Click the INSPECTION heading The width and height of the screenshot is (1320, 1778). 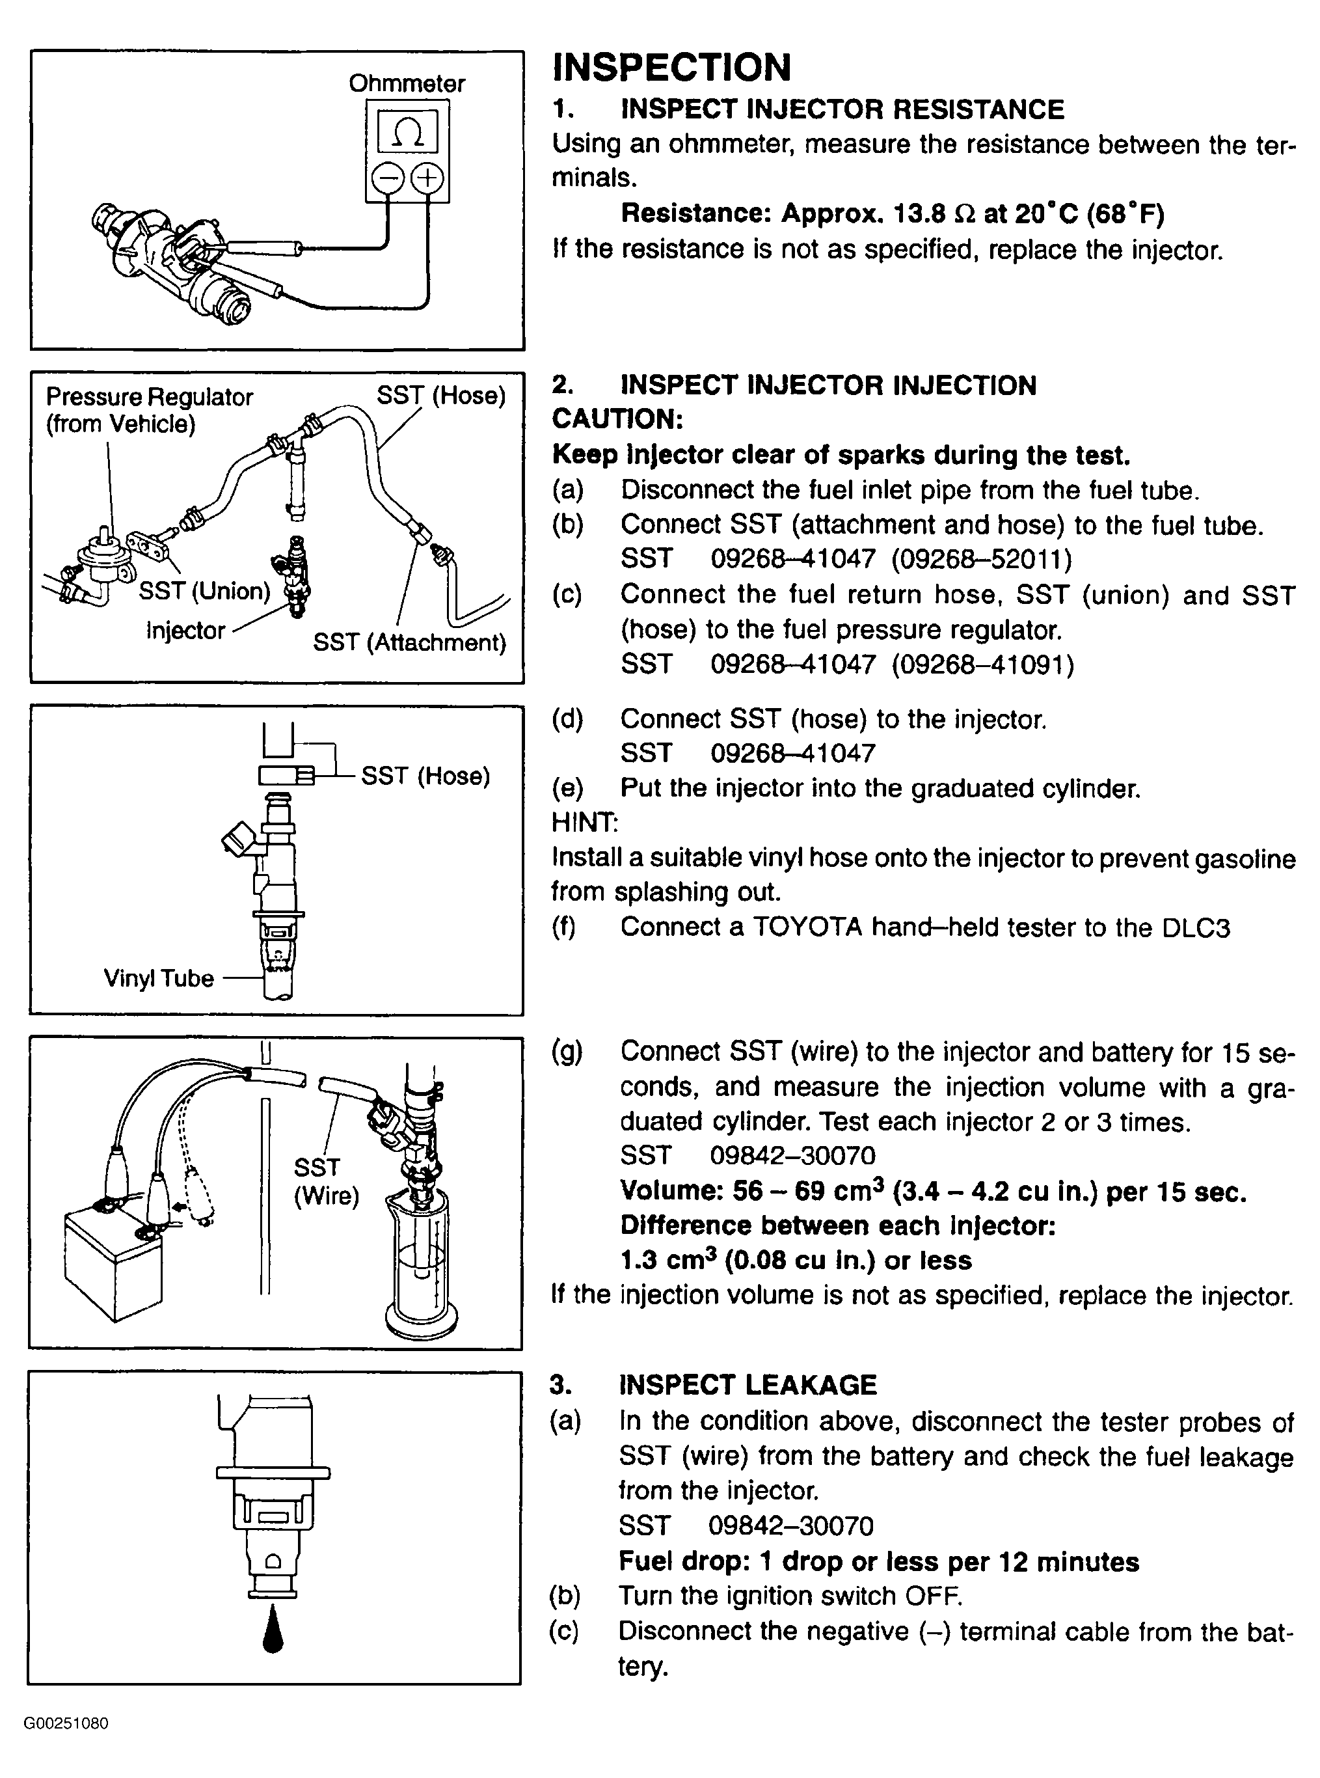[x=671, y=67]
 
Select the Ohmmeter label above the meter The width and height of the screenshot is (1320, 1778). [x=407, y=84]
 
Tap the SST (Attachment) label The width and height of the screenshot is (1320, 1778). [x=409, y=642]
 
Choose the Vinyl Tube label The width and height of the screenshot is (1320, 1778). [x=158, y=978]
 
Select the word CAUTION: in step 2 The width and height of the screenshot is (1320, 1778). [x=617, y=418]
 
